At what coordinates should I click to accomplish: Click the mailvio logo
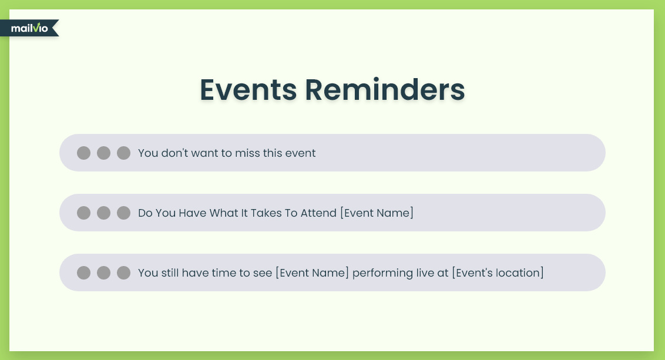pyautogui.click(x=29, y=28)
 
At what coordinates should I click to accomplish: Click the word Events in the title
pyautogui.click(x=248, y=89)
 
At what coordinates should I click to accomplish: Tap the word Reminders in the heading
pyautogui.click(x=385, y=89)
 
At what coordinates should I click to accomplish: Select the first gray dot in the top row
pyautogui.click(x=83, y=153)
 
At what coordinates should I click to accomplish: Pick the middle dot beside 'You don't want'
pyautogui.click(x=103, y=153)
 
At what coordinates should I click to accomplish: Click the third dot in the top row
pyautogui.click(x=123, y=153)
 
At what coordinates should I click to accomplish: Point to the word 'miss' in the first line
pyautogui.click(x=247, y=153)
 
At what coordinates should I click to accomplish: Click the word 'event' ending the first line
pyautogui.click(x=300, y=153)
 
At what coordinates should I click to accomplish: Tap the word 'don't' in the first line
pyautogui.click(x=174, y=153)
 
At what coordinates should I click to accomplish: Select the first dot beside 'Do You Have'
pyautogui.click(x=83, y=213)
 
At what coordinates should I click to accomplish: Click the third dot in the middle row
pyautogui.click(x=123, y=213)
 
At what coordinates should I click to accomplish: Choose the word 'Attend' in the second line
pyautogui.click(x=318, y=213)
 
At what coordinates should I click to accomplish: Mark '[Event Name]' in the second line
pyautogui.click(x=377, y=213)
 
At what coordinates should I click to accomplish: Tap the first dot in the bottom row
pyautogui.click(x=83, y=272)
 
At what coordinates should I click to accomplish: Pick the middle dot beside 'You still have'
pyautogui.click(x=103, y=272)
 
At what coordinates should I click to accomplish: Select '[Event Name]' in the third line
pyautogui.click(x=312, y=272)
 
